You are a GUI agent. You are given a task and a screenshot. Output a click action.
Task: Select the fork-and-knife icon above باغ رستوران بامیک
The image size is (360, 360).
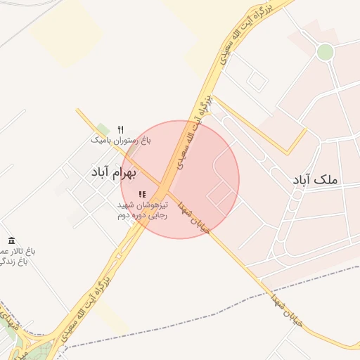(x=121, y=129)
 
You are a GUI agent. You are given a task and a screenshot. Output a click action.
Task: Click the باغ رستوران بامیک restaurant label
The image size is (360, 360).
(x=121, y=141)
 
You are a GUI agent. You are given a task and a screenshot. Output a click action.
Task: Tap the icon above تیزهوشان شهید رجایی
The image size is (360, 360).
(x=142, y=194)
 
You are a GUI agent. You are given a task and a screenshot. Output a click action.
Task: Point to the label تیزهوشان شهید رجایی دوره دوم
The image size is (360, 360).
(x=143, y=210)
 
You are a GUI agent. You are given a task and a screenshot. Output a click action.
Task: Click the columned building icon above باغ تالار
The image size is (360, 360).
(x=11, y=240)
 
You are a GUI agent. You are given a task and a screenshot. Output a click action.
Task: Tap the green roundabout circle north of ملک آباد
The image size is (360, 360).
(x=325, y=51)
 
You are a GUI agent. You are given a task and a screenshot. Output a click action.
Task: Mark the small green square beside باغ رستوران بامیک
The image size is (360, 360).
(x=103, y=129)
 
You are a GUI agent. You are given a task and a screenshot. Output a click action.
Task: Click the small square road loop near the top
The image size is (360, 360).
(x=257, y=83)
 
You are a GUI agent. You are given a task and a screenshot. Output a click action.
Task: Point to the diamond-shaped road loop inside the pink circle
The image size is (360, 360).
(x=219, y=193)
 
